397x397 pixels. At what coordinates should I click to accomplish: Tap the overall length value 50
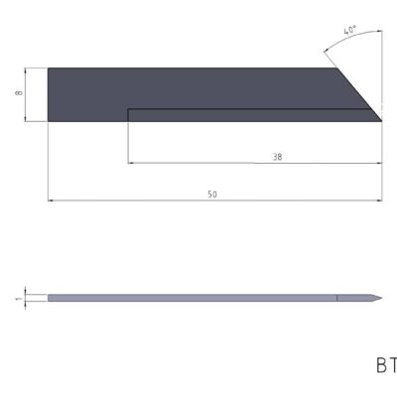(x=212, y=195)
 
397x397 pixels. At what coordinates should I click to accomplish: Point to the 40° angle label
(x=349, y=32)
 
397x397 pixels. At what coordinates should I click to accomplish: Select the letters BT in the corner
(x=385, y=365)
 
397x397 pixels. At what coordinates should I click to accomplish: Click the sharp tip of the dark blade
(x=382, y=121)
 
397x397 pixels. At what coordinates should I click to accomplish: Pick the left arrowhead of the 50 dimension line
(x=51, y=200)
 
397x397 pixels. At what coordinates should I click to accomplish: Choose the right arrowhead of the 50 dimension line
(x=379, y=200)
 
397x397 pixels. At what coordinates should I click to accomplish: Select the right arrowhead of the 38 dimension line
(x=379, y=163)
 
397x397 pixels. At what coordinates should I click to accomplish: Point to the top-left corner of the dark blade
(x=48, y=67)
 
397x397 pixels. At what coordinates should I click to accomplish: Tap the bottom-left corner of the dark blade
(x=48, y=121)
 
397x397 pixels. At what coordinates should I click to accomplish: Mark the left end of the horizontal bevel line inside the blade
(x=129, y=108)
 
